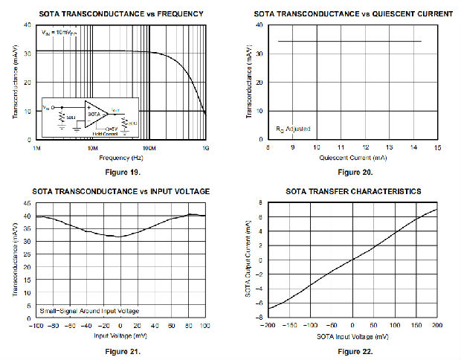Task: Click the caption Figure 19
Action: pyautogui.click(x=120, y=172)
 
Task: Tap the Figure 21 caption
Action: pyautogui.click(x=120, y=350)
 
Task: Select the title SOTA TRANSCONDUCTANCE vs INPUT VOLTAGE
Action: pyautogui.click(x=120, y=191)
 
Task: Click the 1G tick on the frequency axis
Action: pyautogui.click(x=204, y=148)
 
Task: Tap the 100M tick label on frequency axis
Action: pyautogui.click(x=148, y=148)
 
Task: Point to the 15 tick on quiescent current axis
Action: pyautogui.click(x=437, y=148)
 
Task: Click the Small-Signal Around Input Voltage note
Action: pyautogui.click(x=88, y=309)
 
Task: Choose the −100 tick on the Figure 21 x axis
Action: pyautogui.click(x=35, y=326)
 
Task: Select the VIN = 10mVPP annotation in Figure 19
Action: pyautogui.click(x=57, y=32)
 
